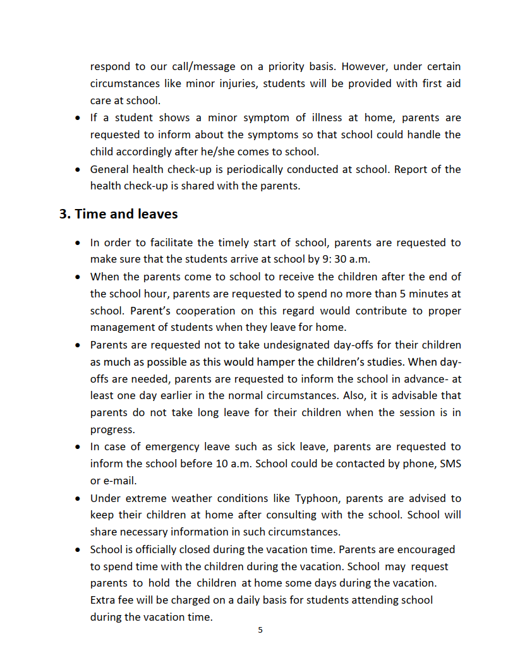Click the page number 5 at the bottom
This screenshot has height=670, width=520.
click(260, 630)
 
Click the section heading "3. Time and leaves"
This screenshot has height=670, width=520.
click(118, 214)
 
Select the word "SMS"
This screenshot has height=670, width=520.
click(450, 464)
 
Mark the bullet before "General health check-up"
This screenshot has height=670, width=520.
click(77, 170)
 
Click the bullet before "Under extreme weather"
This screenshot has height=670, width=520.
click(77, 499)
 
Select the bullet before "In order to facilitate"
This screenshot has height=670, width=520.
click(77, 243)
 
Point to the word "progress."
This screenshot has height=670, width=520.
click(112, 430)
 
